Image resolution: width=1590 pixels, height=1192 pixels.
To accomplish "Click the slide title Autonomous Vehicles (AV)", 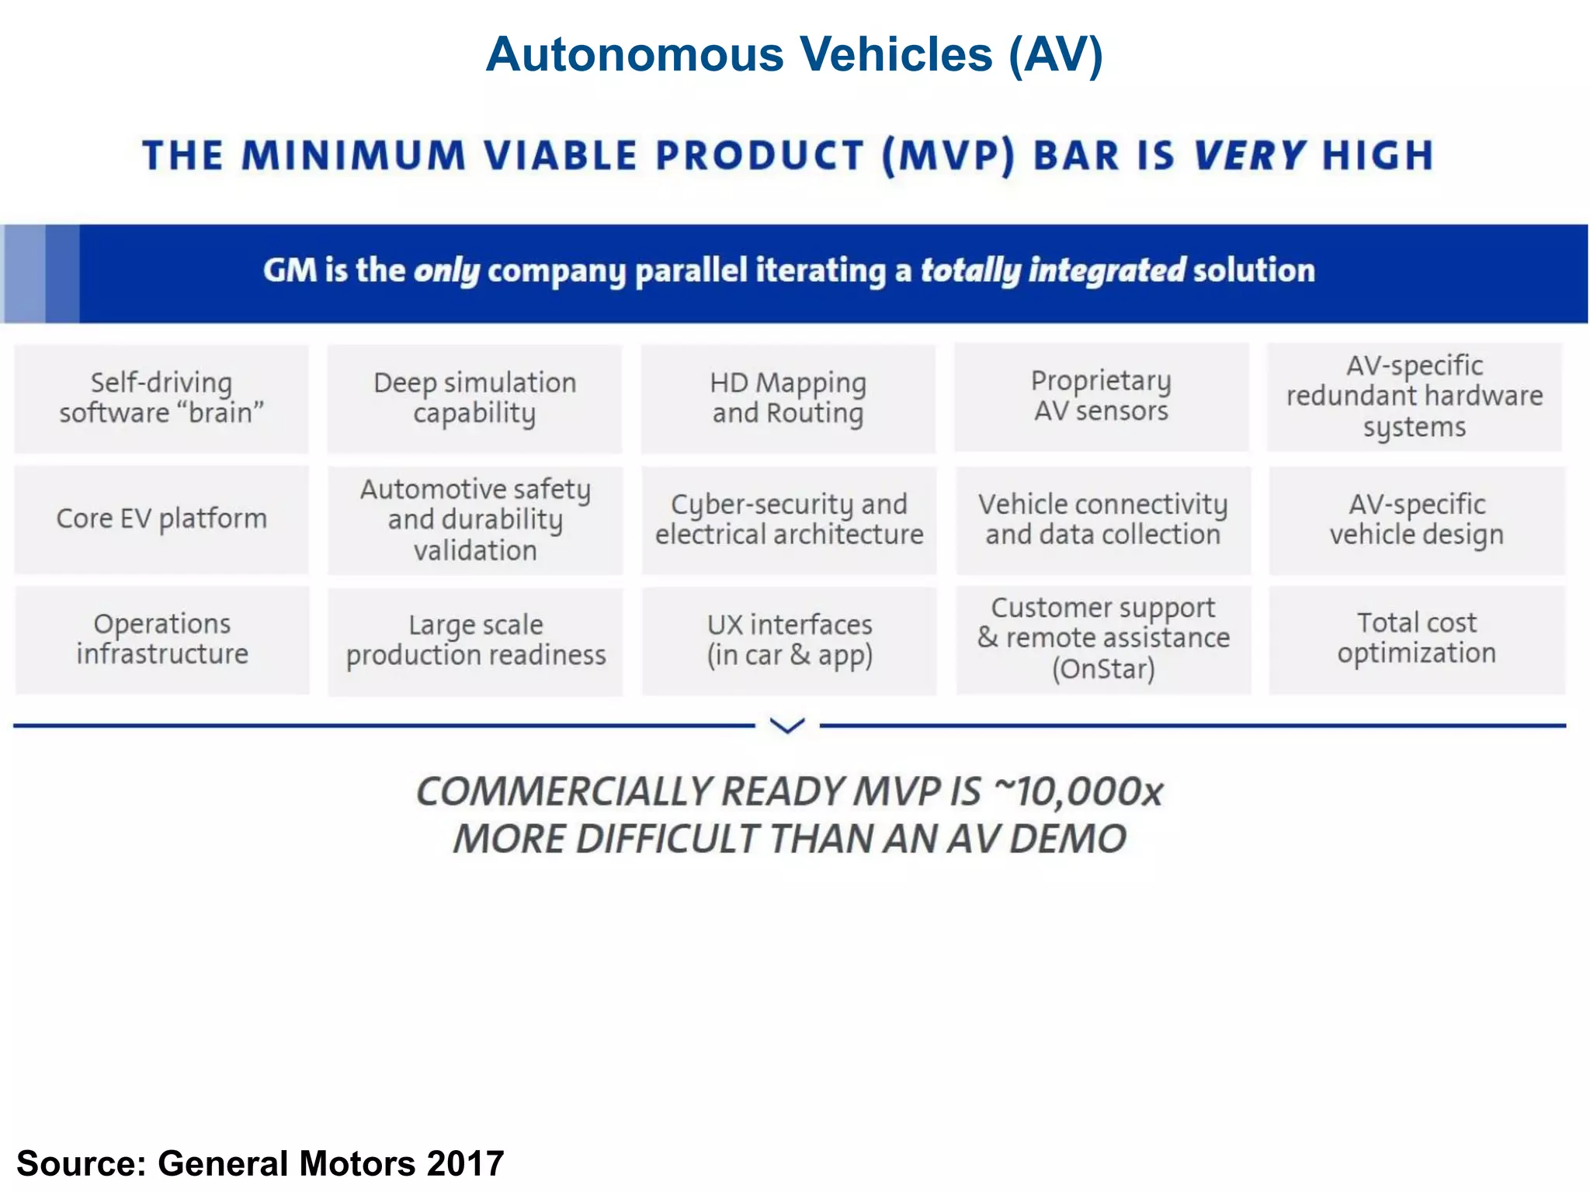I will [x=794, y=54].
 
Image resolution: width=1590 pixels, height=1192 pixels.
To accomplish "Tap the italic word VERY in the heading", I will [x=1249, y=155].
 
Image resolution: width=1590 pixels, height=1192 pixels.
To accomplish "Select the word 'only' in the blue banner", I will [x=446, y=271].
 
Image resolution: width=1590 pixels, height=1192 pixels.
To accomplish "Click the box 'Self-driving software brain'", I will [x=161, y=398].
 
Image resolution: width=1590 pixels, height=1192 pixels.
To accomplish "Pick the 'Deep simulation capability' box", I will [x=474, y=398].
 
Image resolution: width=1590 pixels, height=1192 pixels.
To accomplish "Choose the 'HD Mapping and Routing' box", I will [x=788, y=398].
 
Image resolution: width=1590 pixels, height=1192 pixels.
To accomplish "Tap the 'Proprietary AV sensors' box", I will [x=1101, y=397].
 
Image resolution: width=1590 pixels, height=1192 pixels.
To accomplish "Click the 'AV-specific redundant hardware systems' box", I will [x=1415, y=397].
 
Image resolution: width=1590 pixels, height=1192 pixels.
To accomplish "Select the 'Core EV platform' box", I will [x=161, y=519].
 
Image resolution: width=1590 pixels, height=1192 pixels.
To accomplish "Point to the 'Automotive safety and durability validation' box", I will [x=474, y=520].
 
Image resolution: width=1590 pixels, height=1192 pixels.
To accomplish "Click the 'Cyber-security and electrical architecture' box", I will [x=789, y=520].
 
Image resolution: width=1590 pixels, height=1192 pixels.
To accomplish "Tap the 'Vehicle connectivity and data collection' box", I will [x=1102, y=520].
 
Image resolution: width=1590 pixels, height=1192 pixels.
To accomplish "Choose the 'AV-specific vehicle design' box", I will [x=1416, y=520].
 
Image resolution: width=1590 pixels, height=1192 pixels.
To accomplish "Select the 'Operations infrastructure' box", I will [x=161, y=639].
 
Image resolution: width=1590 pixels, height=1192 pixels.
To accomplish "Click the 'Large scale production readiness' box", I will [x=475, y=641].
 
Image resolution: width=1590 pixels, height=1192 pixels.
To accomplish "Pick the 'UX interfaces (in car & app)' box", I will [x=789, y=641].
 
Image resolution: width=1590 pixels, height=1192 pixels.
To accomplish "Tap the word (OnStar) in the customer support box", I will [x=1103, y=669].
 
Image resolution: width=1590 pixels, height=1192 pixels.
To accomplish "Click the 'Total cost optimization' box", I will [x=1416, y=639].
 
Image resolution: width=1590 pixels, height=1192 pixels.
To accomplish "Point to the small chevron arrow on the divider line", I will [x=787, y=726].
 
